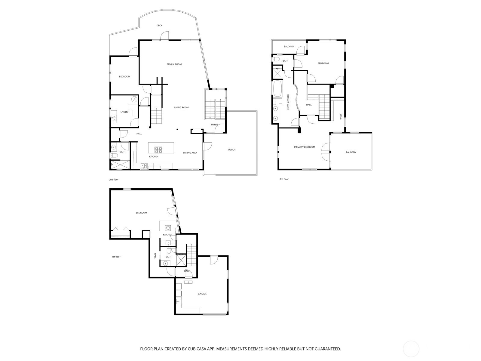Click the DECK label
coord(159,26)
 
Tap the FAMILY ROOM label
coord(174,64)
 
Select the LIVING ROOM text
coord(181,107)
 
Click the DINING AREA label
coord(190,153)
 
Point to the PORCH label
coord(231,150)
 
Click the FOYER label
coord(214,125)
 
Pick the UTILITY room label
coord(124,112)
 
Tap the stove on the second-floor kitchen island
coord(158,150)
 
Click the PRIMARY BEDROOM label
coord(304,147)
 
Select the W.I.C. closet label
coord(341,116)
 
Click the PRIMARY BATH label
coord(288,102)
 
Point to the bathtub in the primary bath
coord(278,88)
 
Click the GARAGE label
coord(202,294)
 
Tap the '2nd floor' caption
coord(114,180)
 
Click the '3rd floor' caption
coord(284,179)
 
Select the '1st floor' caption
coord(116,257)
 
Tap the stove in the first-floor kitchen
coord(168,228)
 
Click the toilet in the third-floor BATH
coord(275,59)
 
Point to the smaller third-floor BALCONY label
coord(289,46)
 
